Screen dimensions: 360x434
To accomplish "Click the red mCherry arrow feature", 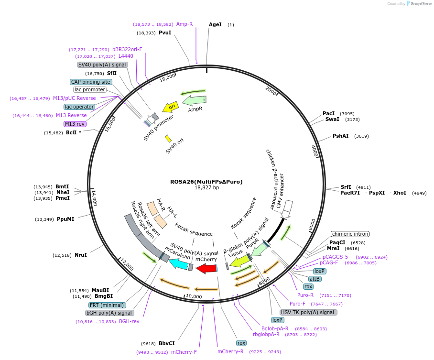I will point(207,269).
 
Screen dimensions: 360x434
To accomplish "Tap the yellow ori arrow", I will point(170,107).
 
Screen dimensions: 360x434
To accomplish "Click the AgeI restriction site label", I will point(215,24).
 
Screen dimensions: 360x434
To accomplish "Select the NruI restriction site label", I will point(80,255).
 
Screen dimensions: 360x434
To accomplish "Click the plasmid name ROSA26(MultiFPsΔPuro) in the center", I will point(206,182).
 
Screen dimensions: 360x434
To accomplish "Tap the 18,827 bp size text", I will point(206,188).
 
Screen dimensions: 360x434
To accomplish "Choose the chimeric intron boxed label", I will point(350,234).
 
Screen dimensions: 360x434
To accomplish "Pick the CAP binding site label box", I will point(91,82).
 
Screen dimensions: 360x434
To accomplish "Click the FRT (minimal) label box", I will point(107,305).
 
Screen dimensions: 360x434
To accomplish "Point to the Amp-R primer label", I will point(184,24).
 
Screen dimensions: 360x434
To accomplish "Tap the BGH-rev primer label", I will point(129,321).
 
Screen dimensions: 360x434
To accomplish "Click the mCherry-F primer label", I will point(184,352).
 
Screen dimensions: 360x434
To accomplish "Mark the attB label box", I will point(315,279).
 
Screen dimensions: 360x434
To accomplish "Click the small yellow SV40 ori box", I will point(168,139).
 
